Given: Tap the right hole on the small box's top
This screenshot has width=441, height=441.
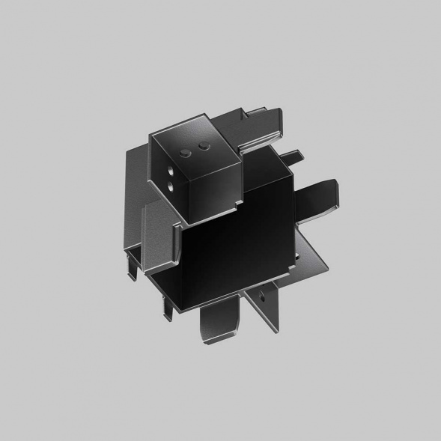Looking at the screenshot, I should pos(201,145).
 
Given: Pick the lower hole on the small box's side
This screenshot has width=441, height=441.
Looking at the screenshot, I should pos(169,185).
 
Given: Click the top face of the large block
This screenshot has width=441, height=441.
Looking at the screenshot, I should pos(262,168).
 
